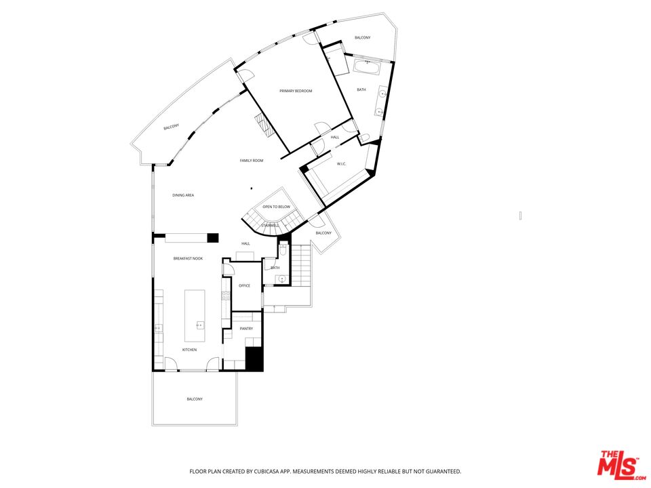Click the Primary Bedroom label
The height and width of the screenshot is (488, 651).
pyautogui.click(x=296, y=91)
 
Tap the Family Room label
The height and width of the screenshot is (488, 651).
pyautogui.click(x=252, y=161)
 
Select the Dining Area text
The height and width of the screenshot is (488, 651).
pyautogui.click(x=183, y=195)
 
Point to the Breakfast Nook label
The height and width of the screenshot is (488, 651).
pyautogui.click(x=188, y=258)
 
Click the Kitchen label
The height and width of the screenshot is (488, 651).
pyautogui.click(x=189, y=350)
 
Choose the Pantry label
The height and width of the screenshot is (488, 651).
pyautogui.click(x=246, y=329)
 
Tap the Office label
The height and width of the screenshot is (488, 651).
pyautogui.click(x=245, y=285)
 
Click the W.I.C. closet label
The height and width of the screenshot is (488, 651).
pyautogui.click(x=341, y=164)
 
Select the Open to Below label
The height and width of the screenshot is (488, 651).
pyautogui.click(x=277, y=207)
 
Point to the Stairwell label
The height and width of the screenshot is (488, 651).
pyautogui.click(x=271, y=225)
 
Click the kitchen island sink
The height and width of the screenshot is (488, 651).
pyautogui.click(x=201, y=325)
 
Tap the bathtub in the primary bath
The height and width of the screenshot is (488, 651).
pyautogui.click(x=367, y=68)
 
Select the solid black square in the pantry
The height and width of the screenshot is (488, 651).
pyautogui.click(x=254, y=359)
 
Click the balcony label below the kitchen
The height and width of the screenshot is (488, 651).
pyautogui.click(x=195, y=399)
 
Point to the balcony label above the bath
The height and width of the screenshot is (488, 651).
pyautogui.click(x=362, y=38)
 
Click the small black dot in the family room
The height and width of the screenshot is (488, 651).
pyautogui.click(x=251, y=188)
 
